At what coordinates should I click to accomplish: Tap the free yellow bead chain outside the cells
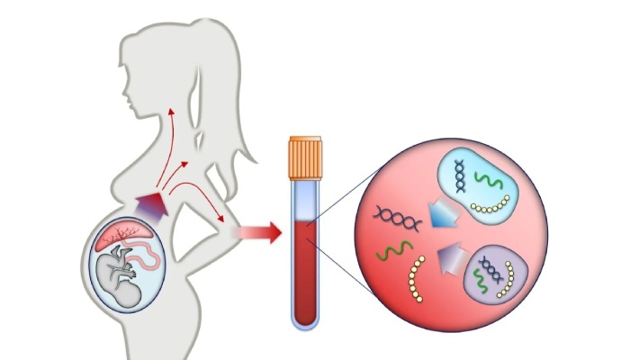click(417, 279)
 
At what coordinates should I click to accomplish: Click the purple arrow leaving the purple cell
click(450, 262)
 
